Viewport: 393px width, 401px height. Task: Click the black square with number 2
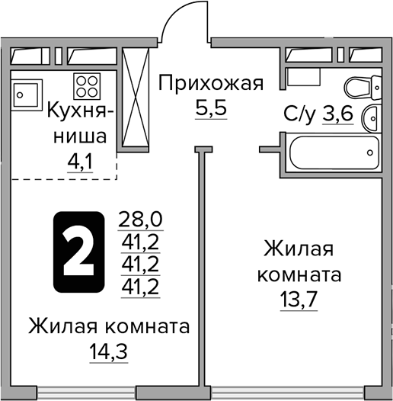(x=77, y=253)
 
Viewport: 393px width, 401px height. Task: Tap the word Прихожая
(x=210, y=83)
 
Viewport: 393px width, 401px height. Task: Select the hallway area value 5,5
(x=211, y=107)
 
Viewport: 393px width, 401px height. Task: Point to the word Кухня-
(x=81, y=111)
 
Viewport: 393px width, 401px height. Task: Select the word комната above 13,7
(x=299, y=273)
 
